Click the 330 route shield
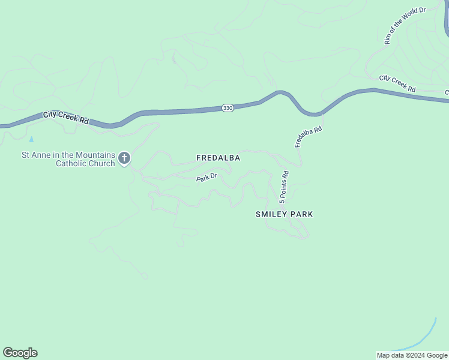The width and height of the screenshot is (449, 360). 228,108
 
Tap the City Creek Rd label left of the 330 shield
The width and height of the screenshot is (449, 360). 65,117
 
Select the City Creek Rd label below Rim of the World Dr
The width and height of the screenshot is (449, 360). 397,83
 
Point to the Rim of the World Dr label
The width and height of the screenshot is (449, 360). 405,26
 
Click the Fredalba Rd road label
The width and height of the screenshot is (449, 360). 309,137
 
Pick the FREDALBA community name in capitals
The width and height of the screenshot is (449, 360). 218,158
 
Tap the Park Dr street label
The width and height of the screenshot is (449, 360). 206,178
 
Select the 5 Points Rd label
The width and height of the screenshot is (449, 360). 284,186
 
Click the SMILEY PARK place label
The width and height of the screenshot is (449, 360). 285,214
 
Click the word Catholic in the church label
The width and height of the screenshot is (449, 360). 76,163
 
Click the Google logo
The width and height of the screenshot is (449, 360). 20,353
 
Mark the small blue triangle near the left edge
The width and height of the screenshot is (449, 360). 32,139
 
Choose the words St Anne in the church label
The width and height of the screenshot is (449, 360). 35,155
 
